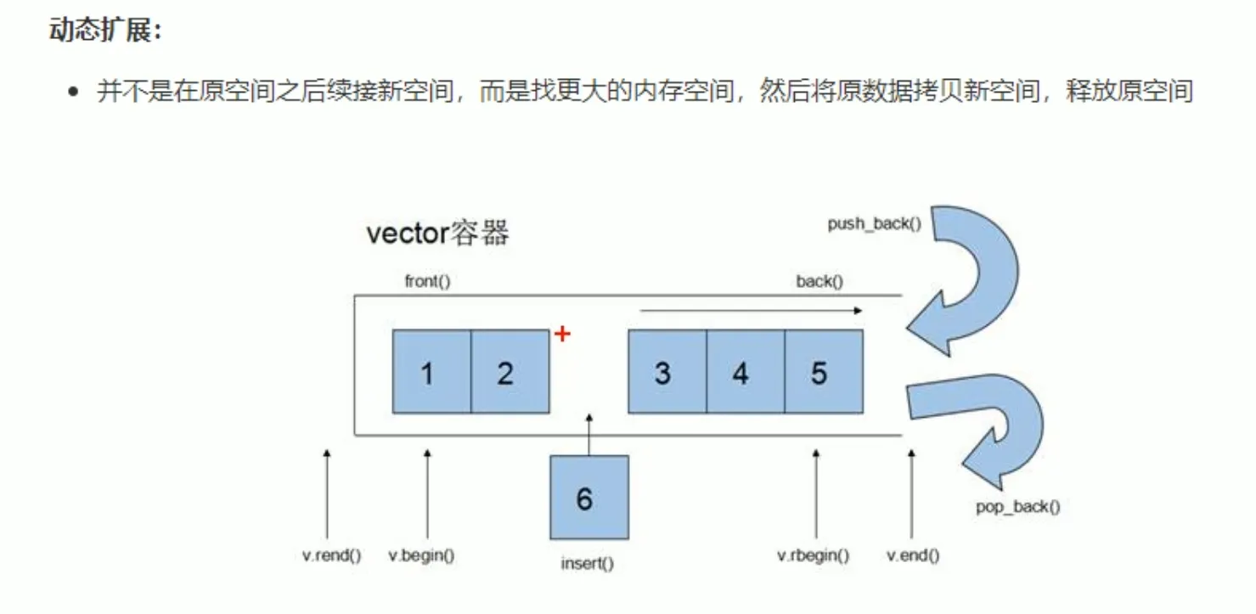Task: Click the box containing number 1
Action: [431, 372]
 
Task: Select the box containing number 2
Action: [510, 372]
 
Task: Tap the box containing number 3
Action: [667, 372]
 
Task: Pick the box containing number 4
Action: [746, 372]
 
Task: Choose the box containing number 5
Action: [825, 372]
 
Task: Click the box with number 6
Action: [589, 498]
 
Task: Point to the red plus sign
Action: [562, 335]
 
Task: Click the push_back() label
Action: [874, 224]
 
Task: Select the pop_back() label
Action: [1017, 508]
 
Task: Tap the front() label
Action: [427, 281]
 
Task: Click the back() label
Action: [819, 281]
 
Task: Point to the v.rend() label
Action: [331, 555]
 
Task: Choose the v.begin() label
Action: [421, 555]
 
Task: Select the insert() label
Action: [587, 564]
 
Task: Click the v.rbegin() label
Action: [813, 555]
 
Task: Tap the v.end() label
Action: [913, 555]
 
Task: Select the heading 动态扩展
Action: [105, 30]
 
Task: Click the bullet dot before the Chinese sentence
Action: [73, 92]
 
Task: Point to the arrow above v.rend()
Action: [327, 494]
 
